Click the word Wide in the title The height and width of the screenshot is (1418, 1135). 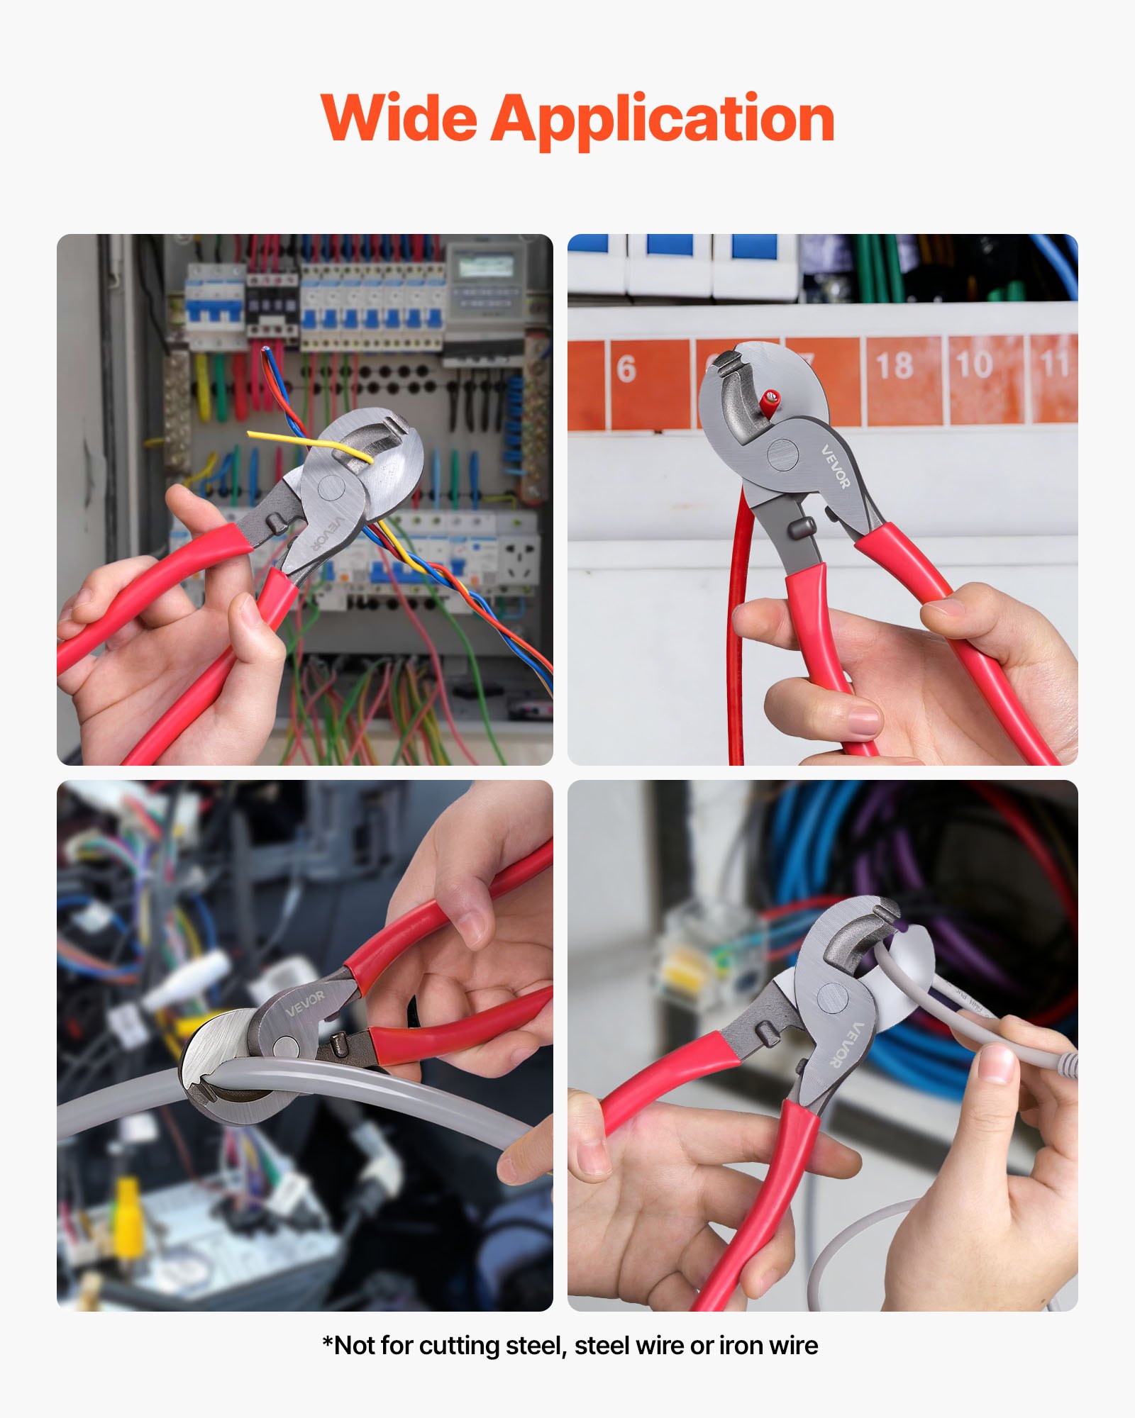(399, 118)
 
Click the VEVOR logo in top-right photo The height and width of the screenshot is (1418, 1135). (835, 467)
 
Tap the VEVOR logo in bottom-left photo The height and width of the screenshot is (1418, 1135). (306, 1003)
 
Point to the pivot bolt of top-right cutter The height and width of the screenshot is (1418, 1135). (782, 454)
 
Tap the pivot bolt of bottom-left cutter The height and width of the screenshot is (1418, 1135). (285, 1047)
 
